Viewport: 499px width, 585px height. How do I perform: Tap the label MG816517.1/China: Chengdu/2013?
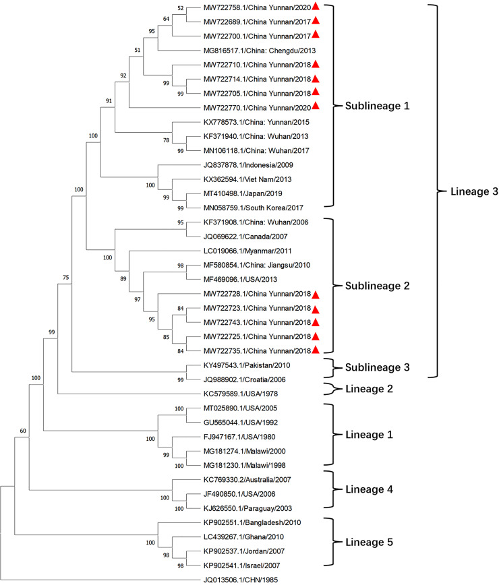[259, 51]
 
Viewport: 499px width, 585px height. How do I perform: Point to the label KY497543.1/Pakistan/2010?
[252, 364]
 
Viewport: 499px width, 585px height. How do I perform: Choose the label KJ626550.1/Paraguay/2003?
[252, 507]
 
